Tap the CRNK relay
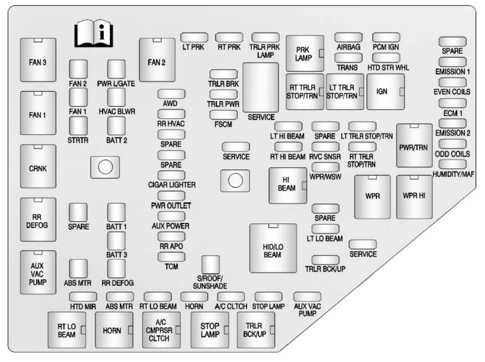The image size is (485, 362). tap(38, 168)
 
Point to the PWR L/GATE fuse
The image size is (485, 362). tap(117, 70)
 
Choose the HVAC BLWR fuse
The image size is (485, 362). tap(117, 98)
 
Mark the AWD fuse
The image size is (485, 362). tap(172, 94)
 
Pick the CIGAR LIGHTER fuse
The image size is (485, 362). tap(172, 175)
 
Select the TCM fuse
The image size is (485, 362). tap(172, 257)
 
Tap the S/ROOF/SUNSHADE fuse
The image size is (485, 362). tap(210, 264)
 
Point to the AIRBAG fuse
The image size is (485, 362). tap(349, 38)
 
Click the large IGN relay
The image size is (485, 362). tap(385, 92)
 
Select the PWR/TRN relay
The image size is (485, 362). tap(414, 145)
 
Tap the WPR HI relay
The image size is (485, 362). tap(414, 196)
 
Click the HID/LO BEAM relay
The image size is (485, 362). tap(273, 248)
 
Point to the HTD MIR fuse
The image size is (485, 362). tap(83, 296)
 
